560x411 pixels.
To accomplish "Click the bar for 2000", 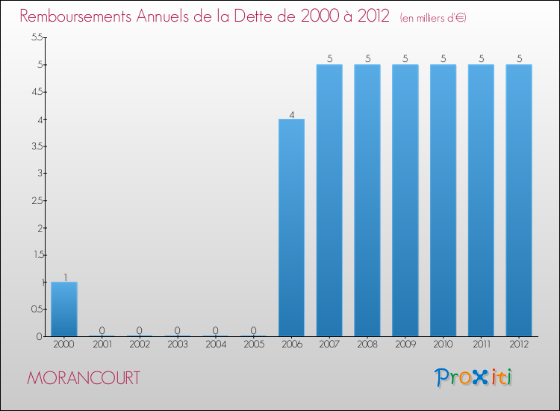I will point(64,309).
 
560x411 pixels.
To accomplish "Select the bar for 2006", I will point(291,228).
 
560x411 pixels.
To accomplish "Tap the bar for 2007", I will point(329,200).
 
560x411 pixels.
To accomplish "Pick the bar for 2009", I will point(405,200).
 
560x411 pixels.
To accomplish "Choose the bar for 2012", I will point(519,200).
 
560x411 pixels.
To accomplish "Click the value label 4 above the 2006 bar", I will point(291,114).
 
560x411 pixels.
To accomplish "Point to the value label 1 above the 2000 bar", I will point(65,277).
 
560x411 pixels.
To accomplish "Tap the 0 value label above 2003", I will point(178,330).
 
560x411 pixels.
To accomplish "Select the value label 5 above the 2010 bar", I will point(444,59).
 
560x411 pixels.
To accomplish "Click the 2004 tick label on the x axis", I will point(216,344).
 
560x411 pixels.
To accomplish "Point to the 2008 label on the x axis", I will point(367,344).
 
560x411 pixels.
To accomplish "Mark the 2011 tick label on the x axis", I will point(481,344).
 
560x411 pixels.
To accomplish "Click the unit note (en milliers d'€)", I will point(433,18).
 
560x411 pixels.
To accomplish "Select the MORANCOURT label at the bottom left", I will point(83,378).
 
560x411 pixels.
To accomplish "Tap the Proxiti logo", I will point(475,377).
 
